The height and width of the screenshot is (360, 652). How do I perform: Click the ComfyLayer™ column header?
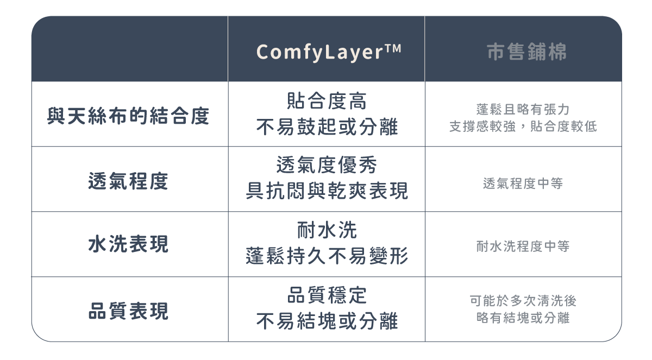click(x=328, y=52)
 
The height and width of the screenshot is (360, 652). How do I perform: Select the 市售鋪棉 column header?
click(x=526, y=52)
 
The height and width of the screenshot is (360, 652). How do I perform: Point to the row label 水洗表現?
click(x=128, y=245)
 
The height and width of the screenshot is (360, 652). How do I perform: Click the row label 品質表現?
click(x=128, y=311)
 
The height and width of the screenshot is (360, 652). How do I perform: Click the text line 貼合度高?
click(x=327, y=101)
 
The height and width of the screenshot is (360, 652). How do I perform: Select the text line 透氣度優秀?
click(x=327, y=165)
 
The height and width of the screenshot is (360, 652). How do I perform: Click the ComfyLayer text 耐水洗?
click(x=327, y=230)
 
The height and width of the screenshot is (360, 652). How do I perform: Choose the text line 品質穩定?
click(x=327, y=295)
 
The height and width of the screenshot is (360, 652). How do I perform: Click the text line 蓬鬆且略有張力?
click(x=523, y=109)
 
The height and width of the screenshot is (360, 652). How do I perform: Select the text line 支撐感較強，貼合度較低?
click(x=523, y=127)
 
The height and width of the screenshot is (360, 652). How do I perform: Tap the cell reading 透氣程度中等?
click(x=523, y=184)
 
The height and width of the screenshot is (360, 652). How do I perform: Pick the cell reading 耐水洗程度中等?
click(x=523, y=247)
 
